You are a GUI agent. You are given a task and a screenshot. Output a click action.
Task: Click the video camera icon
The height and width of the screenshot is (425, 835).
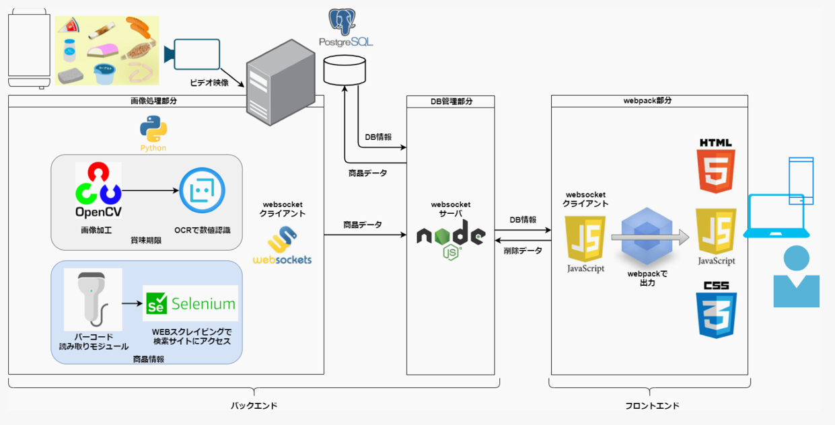click(192, 53)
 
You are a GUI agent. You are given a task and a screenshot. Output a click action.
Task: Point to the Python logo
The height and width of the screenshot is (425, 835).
click(153, 129)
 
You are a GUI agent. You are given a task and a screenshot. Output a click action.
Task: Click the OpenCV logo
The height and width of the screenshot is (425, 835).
click(98, 192)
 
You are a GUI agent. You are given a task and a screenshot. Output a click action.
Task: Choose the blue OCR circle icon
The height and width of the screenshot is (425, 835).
click(202, 191)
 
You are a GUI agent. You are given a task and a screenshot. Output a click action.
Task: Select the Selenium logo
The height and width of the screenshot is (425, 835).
click(190, 303)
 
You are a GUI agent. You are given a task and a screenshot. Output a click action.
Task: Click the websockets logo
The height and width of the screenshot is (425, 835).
click(283, 245)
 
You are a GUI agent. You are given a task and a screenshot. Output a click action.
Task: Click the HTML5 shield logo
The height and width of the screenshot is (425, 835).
click(716, 165)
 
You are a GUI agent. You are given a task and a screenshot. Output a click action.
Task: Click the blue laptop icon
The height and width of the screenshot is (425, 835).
click(776, 217)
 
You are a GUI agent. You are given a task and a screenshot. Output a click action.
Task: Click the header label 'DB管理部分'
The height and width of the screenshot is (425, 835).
click(450, 102)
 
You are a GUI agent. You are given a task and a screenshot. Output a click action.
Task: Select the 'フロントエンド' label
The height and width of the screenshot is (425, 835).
click(649, 405)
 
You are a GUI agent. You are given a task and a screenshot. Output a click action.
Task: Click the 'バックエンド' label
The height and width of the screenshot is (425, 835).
click(254, 405)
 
